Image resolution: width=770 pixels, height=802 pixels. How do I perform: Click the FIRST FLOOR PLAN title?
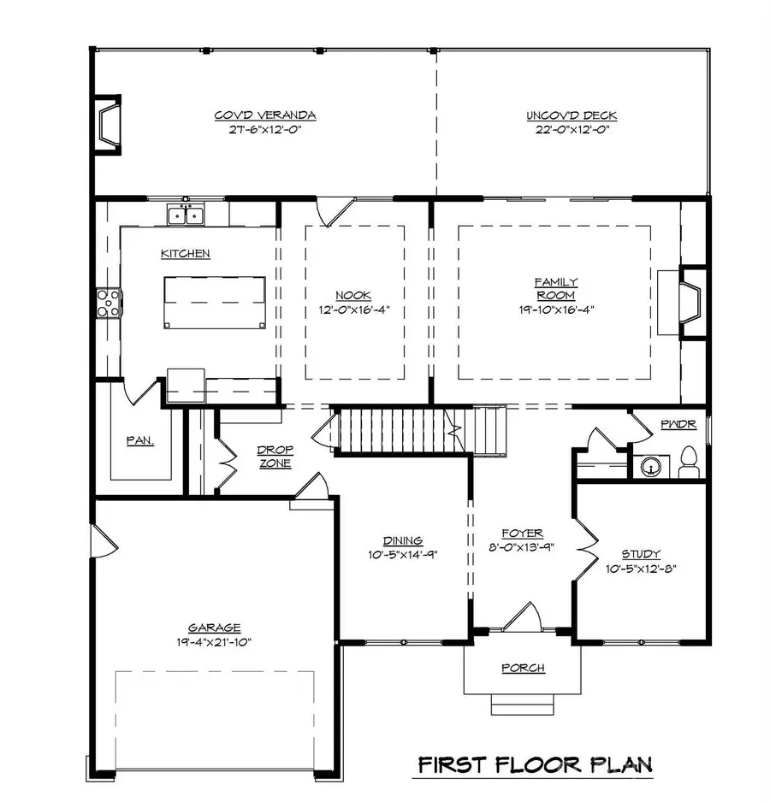[535, 764]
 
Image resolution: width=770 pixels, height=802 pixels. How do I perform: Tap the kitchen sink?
[185, 215]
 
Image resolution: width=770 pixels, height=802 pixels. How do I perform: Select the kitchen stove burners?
[109, 304]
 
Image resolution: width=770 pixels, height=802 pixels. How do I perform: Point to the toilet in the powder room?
[689, 465]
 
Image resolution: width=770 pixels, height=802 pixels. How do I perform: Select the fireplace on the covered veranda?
[106, 127]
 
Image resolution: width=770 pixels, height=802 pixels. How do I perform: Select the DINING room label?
[402, 540]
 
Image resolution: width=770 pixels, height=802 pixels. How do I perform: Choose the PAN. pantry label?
[140, 441]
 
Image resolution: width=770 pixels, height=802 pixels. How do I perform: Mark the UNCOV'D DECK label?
[572, 116]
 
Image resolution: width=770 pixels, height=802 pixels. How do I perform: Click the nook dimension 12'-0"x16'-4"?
[354, 310]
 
